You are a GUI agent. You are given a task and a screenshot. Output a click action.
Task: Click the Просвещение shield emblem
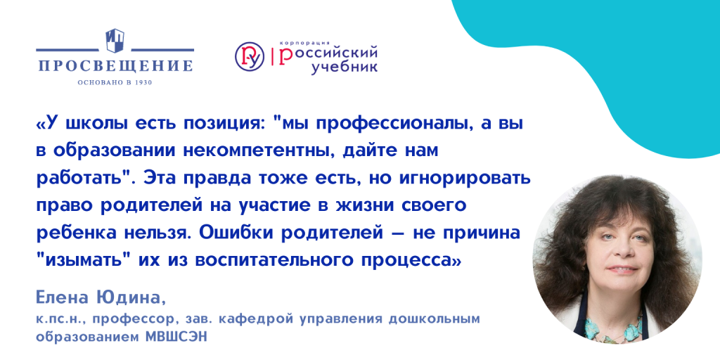[115, 40]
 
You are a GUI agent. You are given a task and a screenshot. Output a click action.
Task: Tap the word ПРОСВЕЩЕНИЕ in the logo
[115, 66]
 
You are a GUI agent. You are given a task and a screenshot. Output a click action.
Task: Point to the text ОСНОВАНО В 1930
[115, 82]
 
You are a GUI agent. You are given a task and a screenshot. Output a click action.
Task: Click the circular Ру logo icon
[250, 56]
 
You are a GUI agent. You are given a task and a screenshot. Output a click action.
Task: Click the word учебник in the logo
[345, 67]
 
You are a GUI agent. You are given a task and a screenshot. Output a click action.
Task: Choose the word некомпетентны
[259, 152]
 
